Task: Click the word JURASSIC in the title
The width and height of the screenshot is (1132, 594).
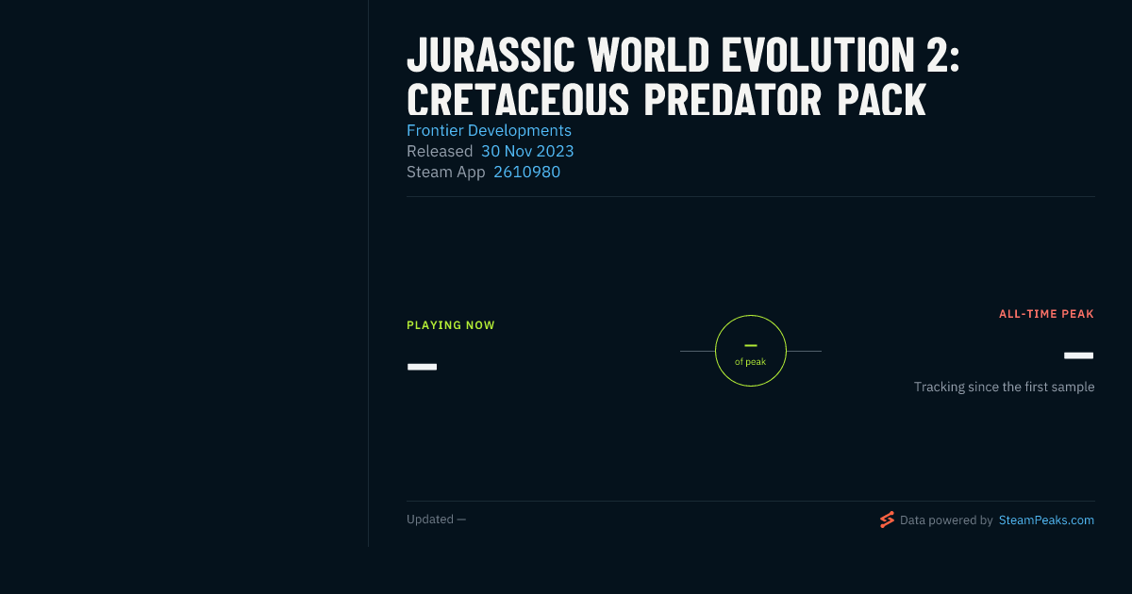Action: (491, 55)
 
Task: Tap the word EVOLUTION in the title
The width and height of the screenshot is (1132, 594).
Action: (817, 55)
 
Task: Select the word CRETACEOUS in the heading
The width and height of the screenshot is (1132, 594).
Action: (518, 100)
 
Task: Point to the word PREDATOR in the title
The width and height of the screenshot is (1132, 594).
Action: (733, 100)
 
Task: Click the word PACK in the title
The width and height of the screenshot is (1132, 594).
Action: (881, 100)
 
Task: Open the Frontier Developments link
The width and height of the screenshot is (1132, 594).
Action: (489, 130)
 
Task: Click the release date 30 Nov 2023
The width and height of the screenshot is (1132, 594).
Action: (527, 151)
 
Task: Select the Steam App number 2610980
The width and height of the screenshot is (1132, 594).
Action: (526, 172)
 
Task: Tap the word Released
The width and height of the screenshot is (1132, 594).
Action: (440, 151)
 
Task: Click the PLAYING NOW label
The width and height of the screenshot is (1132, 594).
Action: (451, 325)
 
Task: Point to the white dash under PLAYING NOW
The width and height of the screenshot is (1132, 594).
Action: (422, 367)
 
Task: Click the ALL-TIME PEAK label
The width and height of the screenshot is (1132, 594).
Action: (1046, 314)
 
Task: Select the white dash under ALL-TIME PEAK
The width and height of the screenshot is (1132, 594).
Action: (1078, 355)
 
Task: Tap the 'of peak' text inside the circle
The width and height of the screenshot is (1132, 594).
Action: (751, 362)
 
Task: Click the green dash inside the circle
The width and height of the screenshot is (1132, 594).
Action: (751, 345)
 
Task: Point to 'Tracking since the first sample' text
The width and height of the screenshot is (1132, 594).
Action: (1004, 387)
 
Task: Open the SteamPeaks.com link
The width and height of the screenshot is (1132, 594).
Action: (1046, 520)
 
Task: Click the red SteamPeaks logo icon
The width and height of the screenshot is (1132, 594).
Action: (887, 520)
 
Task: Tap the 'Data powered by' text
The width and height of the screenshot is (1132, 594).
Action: (946, 520)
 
